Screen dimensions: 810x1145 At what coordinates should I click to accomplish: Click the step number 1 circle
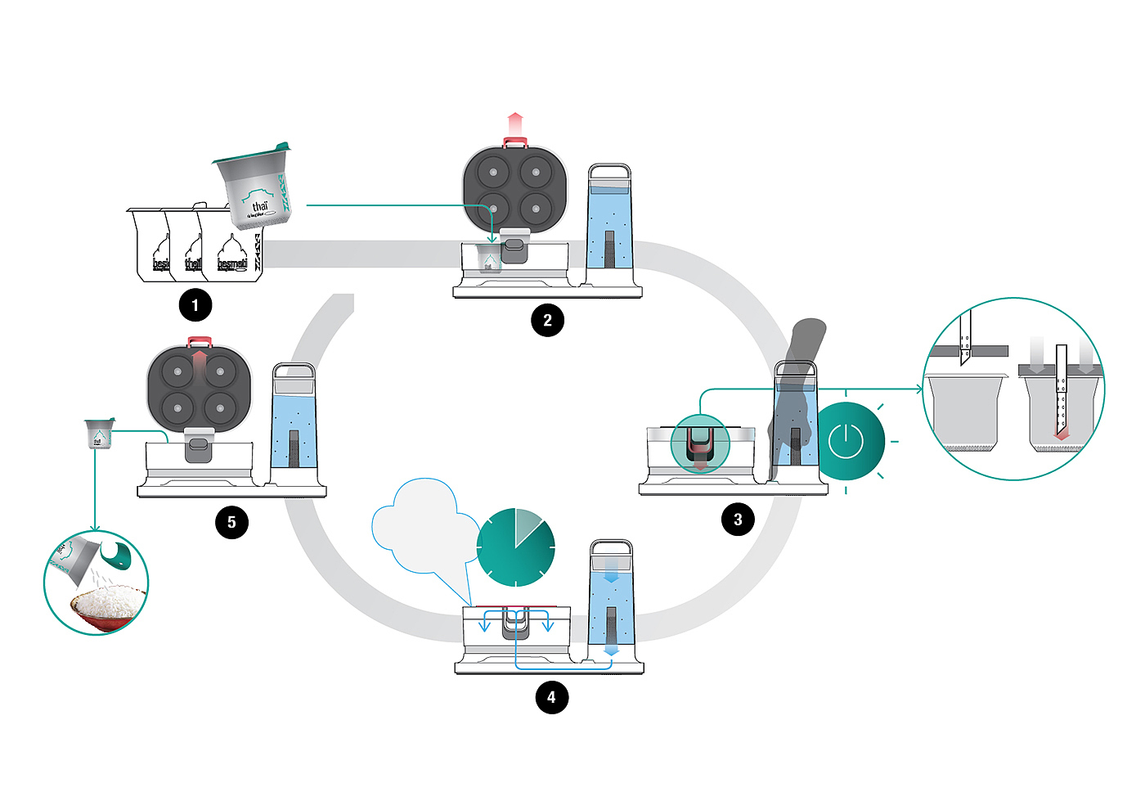point(195,306)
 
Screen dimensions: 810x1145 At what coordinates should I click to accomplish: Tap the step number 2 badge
point(548,320)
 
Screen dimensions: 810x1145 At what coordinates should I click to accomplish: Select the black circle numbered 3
point(738,520)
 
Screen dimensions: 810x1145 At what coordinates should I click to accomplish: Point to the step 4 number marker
point(551,697)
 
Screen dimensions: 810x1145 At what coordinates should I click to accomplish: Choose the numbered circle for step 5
point(231,522)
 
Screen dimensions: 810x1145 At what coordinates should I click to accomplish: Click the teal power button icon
point(846,441)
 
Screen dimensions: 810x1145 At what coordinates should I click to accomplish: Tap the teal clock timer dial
point(516,547)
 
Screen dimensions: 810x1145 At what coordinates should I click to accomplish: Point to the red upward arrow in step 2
point(514,124)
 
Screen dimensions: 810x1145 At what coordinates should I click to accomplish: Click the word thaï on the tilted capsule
point(260,206)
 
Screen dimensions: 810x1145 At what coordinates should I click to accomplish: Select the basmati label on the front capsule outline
point(231,263)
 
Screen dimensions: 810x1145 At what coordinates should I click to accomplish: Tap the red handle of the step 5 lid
point(200,341)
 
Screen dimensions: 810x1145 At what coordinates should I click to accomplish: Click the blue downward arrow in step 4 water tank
point(611,575)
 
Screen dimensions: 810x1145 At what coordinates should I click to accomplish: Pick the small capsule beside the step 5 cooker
point(98,434)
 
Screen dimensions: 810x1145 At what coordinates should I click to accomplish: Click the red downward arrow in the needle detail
point(1061,434)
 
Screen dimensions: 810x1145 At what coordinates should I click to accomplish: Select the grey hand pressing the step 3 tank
point(793,401)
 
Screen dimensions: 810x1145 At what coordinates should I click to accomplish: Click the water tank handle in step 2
point(610,172)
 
